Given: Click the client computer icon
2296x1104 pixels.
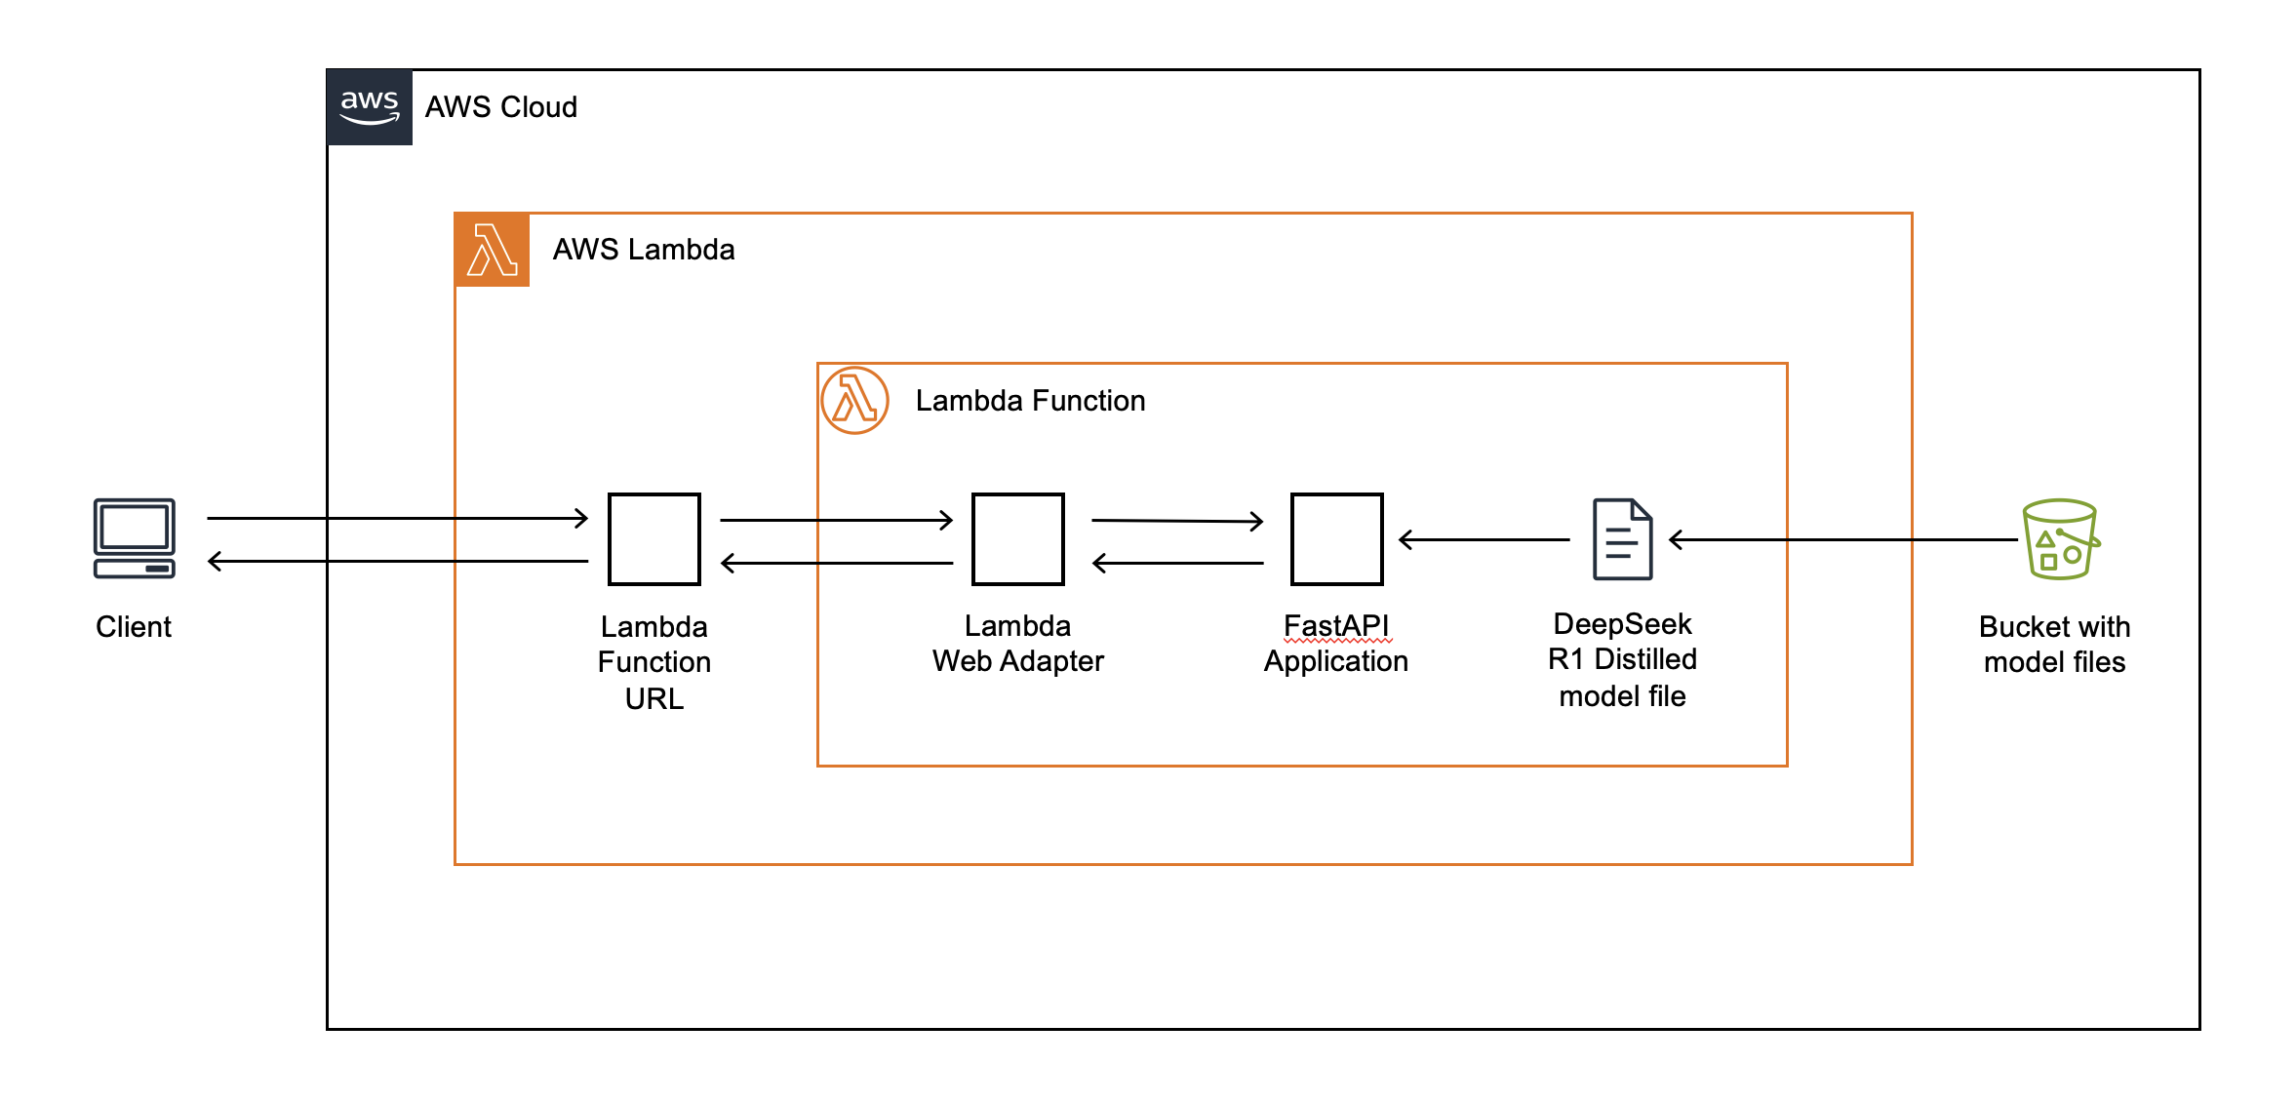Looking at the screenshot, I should [x=135, y=538].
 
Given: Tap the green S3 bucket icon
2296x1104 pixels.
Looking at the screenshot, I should [x=2060, y=539].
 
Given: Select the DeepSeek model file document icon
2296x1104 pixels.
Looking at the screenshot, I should [x=1622, y=539].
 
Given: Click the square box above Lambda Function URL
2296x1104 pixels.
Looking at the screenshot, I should [x=653, y=539].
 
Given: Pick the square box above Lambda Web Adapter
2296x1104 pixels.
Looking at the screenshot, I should [x=1017, y=539].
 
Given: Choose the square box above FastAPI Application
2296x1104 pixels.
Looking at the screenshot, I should [x=1336, y=539].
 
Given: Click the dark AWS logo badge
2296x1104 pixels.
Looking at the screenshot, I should [x=370, y=107].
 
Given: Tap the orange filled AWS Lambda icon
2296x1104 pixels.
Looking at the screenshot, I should [x=493, y=250].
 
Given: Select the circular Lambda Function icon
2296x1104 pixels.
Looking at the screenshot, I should [x=854, y=400].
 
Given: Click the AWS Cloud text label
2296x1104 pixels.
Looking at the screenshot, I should [x=500, y=107].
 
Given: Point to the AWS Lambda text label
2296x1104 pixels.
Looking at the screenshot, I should [x=644, y=250].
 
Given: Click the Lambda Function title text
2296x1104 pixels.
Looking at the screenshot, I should [x=1030, y=401].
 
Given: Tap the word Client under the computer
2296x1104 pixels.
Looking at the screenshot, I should [x=134, y=627].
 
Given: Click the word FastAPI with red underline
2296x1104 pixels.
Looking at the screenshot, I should [x=1336, y=625].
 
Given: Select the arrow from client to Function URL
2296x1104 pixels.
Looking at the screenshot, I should [x=397, y=518].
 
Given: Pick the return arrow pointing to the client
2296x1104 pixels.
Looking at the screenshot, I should [x=397, y=561].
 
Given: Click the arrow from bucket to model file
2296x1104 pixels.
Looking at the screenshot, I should [x=1843, y=539].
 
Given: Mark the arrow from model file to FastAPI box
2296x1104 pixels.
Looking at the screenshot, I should [x=1484, y=539].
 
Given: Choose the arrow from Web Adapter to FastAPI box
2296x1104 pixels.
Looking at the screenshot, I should [x=1177, y=521].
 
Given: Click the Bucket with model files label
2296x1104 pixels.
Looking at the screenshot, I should [x=2054, y=645].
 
